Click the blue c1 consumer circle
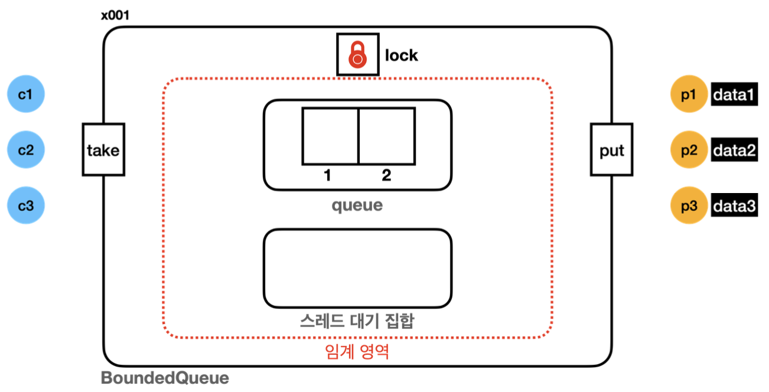tap(26, 94)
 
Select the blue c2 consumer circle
tap(26, 150)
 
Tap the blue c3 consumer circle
tap(26, 206)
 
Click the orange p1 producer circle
tap(689, 95)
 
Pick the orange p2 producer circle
tap(689, 151)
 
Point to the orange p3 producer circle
tap(689, 206)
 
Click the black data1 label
tap(734, 95)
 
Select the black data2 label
tap(734, 151)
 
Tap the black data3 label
tap(734, 206)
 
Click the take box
tap(103, 150)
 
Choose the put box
tap(612, 150)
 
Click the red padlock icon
tap(357, 55)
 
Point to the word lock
tap(401, 55)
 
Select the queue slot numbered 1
tap(330, 136)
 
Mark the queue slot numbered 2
tap(386, 136)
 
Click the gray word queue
tap(357, 205)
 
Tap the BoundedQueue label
tap(165, 378)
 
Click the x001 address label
tap(115, 15)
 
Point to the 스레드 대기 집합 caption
tap(357, 321)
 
